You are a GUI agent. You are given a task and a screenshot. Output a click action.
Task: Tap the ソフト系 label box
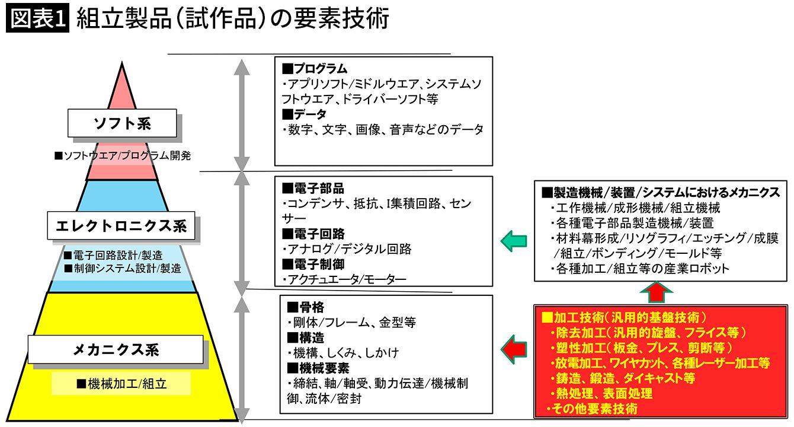tap(122, 123)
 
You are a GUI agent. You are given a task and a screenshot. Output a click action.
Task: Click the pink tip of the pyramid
tap(122, 89)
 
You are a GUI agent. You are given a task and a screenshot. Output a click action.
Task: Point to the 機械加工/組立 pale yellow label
tap(121, 384)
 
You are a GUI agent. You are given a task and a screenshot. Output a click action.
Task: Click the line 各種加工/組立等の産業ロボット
tap(643, 269)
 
